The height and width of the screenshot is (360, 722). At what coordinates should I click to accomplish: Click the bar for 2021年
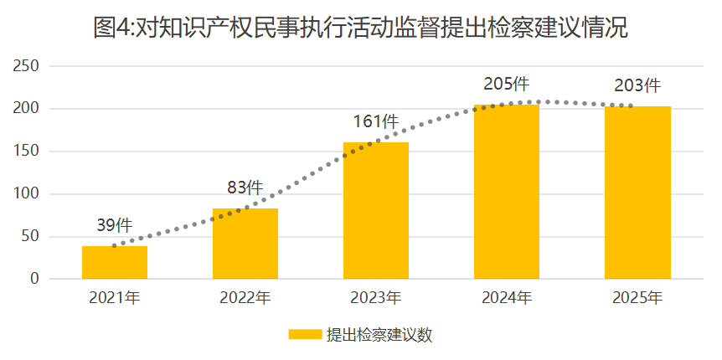point(115,262)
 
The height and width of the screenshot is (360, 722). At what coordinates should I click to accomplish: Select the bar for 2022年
point(245,244)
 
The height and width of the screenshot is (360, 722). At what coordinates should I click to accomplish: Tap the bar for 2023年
point(376,210)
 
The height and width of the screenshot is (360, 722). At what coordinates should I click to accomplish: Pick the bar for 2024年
point(507,192)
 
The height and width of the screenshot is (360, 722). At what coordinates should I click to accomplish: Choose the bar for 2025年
point(637,193)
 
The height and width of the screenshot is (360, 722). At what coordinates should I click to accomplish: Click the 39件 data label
point(115,225)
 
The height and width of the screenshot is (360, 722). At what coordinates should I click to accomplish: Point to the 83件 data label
point(245,188)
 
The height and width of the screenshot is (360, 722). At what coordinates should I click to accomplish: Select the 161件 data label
point(375,121)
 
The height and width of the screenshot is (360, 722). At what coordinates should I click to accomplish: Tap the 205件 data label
point(506,84)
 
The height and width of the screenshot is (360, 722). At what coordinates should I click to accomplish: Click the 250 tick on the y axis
point(28,66)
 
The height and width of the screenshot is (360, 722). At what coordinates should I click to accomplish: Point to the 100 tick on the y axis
point(28,194)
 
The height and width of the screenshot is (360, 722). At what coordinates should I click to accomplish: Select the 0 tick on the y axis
point(34,279)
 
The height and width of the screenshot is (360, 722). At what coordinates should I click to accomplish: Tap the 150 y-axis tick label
point(28,152)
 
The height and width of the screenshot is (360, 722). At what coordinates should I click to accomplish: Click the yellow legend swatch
point(305,335)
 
